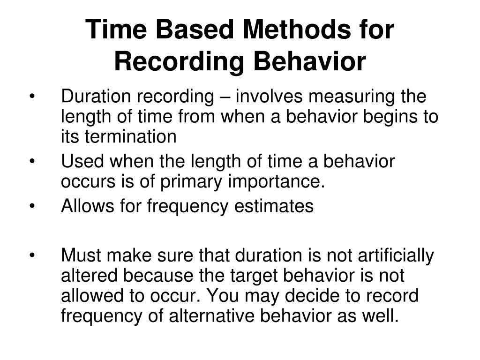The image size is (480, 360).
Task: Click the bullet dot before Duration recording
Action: click(x=32, y=97)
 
